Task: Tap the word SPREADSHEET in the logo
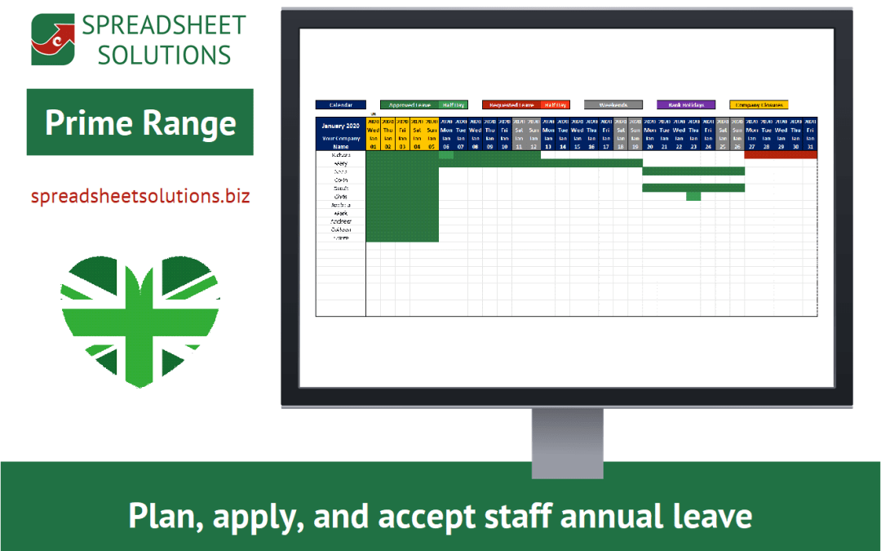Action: pos(163,25)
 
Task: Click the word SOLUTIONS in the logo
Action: pos(156,55)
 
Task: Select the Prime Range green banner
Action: pos(140,122)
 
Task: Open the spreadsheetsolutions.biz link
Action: pos(140,197)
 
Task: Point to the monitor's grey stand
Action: pos(567,433)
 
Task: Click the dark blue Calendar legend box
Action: pos(340,105)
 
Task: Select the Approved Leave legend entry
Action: pos(410,105)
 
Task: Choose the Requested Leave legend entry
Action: pos(511,105)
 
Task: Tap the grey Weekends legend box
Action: pos(613,105)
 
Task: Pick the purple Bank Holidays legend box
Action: pos(686,105)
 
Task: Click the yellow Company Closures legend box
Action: pos(759,105)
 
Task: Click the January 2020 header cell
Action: pos(341,127)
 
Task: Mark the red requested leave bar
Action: pos(781,154)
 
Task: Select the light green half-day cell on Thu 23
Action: pos(693,196)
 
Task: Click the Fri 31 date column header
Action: pos(810,134)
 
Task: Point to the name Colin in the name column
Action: pos(341,180)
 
